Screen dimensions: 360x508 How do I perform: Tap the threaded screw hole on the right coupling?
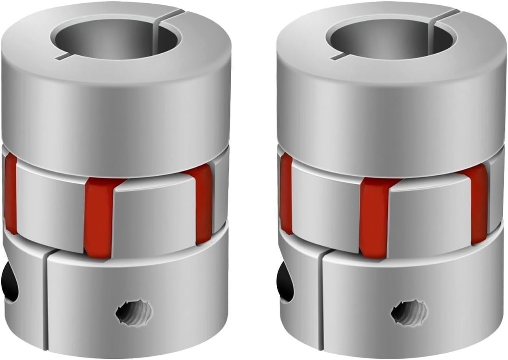[x=409, y=312]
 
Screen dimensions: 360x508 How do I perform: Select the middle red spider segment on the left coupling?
[x=99, y=218]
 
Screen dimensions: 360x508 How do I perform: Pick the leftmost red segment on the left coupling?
[x=11, y=195]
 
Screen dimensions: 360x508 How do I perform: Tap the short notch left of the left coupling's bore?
[x=61, y=56]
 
